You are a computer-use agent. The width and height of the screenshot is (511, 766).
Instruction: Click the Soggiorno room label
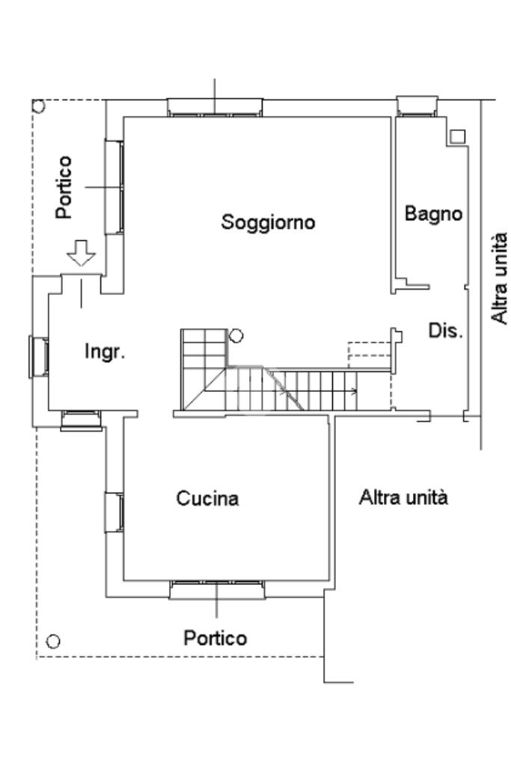coord(268,222)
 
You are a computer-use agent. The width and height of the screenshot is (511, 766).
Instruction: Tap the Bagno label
coord(433,213)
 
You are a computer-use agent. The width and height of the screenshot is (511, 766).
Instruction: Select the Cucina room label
coord(207,498)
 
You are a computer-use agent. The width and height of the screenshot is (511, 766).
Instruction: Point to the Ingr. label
coord(104,352)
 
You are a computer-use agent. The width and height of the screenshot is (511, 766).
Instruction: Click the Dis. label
coord(445,330)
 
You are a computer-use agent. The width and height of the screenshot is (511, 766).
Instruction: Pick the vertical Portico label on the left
coord(66,186)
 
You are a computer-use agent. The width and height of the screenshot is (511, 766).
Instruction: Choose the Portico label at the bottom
coord(215,638)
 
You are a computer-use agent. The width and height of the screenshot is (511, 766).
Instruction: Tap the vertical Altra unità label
coord(500,278)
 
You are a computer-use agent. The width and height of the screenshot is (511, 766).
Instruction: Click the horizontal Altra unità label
coord(403,497)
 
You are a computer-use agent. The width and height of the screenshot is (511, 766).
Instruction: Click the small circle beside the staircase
coord(236,337)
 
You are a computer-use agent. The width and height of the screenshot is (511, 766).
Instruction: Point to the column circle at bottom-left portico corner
coord(52,641)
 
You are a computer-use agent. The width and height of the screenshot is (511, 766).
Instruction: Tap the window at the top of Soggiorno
coord(215,107)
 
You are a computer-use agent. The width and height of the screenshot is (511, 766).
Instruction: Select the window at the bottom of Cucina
coord(217,590)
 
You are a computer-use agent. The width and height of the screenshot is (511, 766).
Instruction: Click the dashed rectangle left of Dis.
coord(370,353)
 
